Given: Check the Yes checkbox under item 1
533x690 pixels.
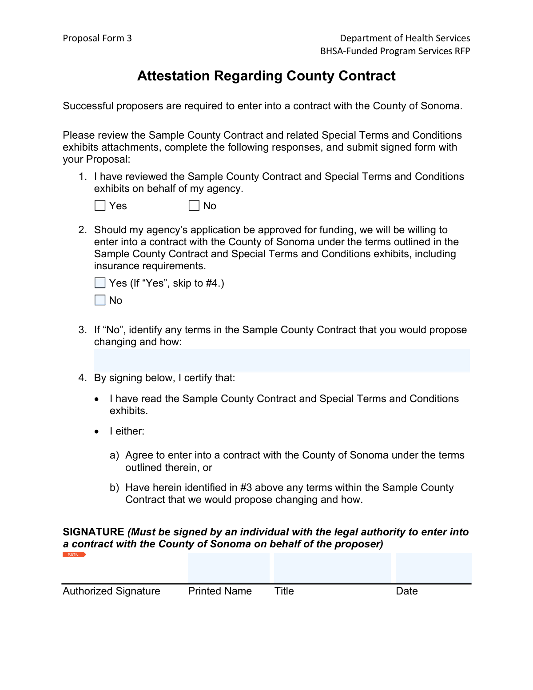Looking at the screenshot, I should click(100, 206).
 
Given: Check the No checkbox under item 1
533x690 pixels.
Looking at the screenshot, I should click(194, 206).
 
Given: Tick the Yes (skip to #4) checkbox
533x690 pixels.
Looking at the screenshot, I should click(100, 283).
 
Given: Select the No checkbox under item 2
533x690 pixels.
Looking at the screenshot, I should click(100, 300).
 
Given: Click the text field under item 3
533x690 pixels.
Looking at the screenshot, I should click(282, 360).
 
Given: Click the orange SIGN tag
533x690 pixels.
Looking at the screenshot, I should click(74, 555).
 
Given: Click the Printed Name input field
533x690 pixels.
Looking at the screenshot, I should click(229, 567).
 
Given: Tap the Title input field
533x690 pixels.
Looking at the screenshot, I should click(332, 567).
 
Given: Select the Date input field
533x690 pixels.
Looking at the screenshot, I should click(434, 567).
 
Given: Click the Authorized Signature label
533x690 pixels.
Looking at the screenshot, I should click(111, 591).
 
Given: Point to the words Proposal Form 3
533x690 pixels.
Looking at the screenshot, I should click(97, 38).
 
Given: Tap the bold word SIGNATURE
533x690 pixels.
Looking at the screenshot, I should click(93, 532).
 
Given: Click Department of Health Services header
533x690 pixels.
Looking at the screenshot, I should click(405, 38).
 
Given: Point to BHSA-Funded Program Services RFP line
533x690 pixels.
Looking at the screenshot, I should click(395, 51).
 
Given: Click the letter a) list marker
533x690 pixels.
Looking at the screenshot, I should click(115, 455).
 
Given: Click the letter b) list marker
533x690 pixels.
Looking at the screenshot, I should click(115, 488).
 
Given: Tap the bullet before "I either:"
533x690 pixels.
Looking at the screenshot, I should click(97, 431).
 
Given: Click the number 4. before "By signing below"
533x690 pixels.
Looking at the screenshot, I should click(83, 378).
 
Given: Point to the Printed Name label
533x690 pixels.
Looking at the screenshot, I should click(220, 591).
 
